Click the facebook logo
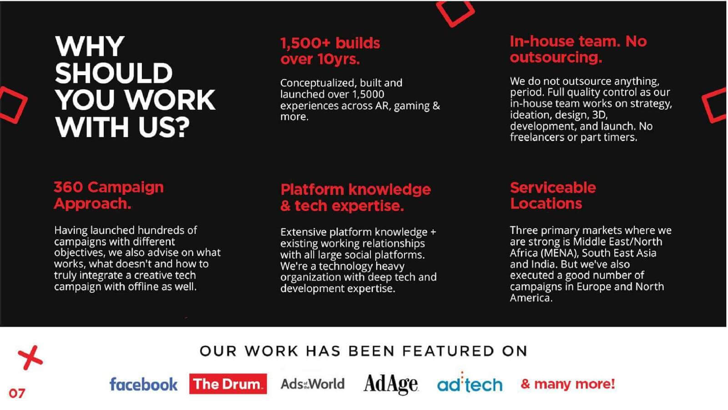click(143, 384)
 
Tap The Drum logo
click(228, 384)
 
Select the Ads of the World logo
click(313, 384)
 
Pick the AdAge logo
click(391, 384)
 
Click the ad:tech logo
click(470, 383)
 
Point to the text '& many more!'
click(567, 384)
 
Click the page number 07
click(17, 394)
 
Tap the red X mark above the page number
click(30, 358)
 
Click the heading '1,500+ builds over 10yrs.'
click(330, 51)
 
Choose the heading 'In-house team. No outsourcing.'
click(578, 49)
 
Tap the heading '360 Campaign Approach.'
click(109, 195)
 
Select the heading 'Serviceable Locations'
click(553, 195)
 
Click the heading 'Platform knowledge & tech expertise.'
click(355, 197)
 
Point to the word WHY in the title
click(90, 46)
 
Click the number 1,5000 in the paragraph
click(368, 94)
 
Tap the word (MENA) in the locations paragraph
click(560, 253)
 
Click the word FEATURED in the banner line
click(447, 351)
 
